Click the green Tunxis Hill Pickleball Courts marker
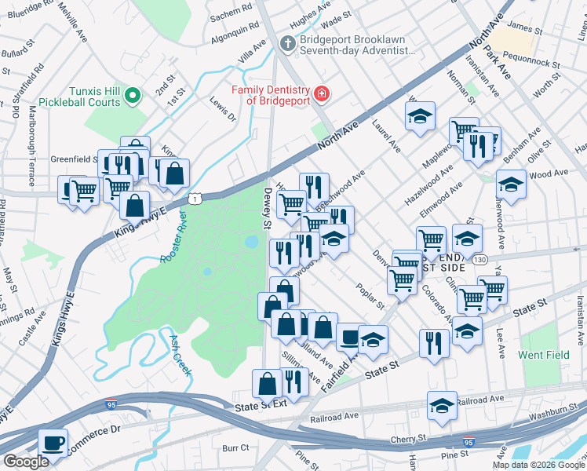coord(133,97)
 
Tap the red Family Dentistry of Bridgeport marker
coord(321,95)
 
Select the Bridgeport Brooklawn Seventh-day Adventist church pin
coord(288,42)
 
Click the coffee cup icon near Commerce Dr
coord(53,442)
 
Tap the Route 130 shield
coord(479,259)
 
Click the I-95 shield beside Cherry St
coord(469,443)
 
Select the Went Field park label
coord(544,355)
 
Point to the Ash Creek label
coord(180,354)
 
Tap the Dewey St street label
coord(268,209)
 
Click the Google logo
coord(26,462)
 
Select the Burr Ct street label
coord(235,447)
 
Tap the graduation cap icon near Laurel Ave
coord(420,116)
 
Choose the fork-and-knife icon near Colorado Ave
coord(432,341)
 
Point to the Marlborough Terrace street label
coord(32,137)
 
